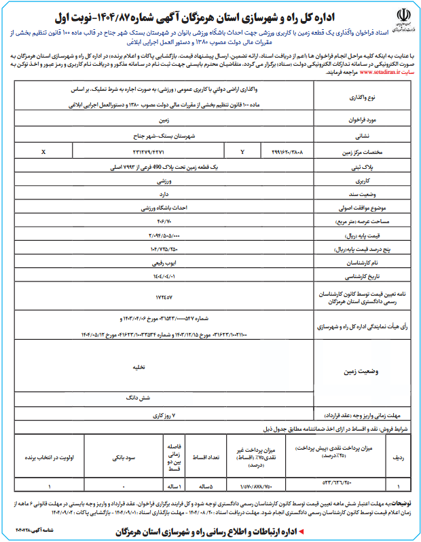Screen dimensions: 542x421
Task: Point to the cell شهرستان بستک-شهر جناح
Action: coord(164,135)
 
